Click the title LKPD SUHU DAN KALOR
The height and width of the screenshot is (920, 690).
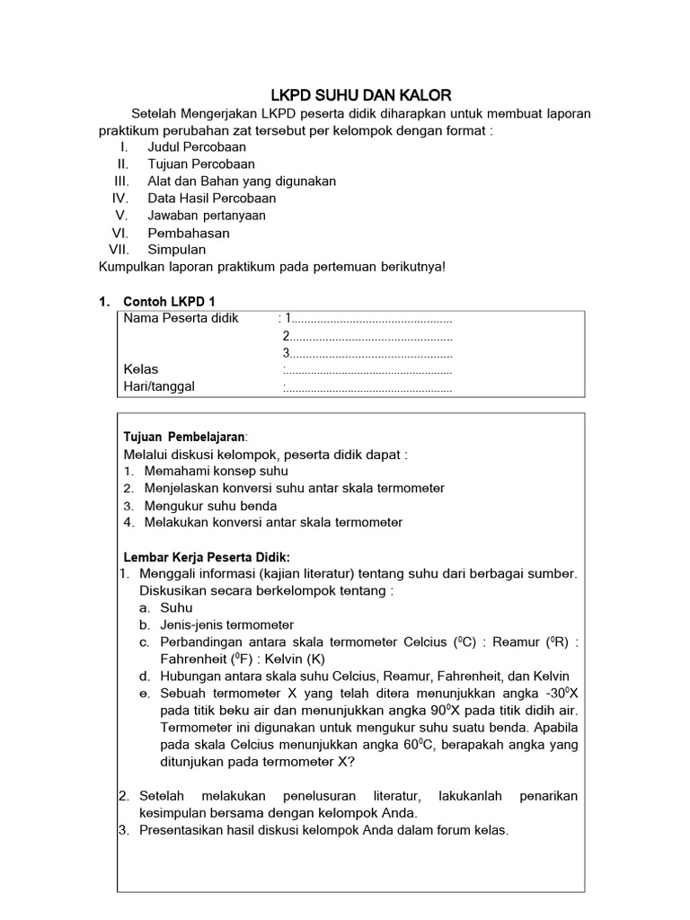click(361, 95)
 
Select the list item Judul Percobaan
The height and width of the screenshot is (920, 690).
click(197, 147)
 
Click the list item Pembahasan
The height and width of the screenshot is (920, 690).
click(189, 233)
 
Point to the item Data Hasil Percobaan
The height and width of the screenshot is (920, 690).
click(212, 199)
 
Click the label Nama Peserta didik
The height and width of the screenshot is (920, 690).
click(181, 318)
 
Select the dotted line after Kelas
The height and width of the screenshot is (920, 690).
click(368, 370)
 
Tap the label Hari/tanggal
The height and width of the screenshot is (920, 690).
click(159, 387)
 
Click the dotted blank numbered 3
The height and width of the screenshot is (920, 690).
click(368, 353)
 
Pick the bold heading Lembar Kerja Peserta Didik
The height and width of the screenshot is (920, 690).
click(207, 557)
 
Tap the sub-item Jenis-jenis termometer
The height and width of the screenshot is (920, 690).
click(226, 624)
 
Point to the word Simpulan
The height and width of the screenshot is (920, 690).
click(177, 250)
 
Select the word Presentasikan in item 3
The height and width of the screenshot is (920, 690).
click(181, 830)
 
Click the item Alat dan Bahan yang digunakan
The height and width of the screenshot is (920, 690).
click(242, 181)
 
